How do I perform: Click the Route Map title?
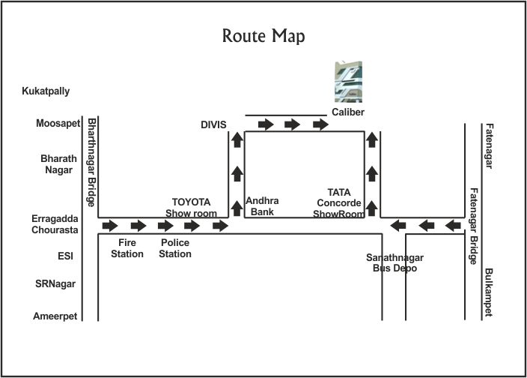tap(264, 36)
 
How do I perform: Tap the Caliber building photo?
tap(348, 81)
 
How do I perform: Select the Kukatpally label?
tap(46, 91)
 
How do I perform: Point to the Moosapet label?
tap(58, 123)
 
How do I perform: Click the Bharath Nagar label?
tap(57, 164)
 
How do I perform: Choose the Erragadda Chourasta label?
tap(56, 224)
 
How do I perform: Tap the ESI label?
tap(65, 256)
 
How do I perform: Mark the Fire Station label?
tap(127, 248)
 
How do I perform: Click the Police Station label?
tap(175, 248)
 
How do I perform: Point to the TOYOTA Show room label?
tap(191, 207)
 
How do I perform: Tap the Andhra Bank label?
tap(262, 206)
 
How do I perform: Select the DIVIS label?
tap(213, 124)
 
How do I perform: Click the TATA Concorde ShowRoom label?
tap(338, 202)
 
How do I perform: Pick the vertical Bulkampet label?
tap(488, 292)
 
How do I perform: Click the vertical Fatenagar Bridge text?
tap(473, 226)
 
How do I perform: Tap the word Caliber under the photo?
tap(348, 112)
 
